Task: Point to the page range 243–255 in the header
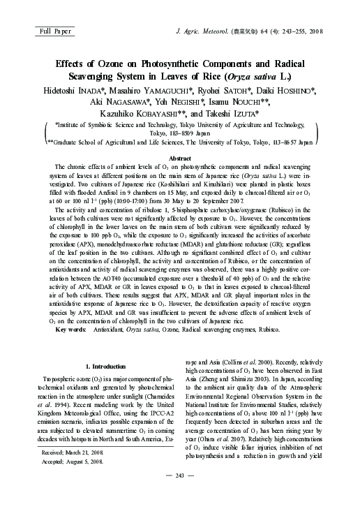coord(303,31)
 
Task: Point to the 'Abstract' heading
coord(180,159)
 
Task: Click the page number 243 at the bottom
coord(180,495)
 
